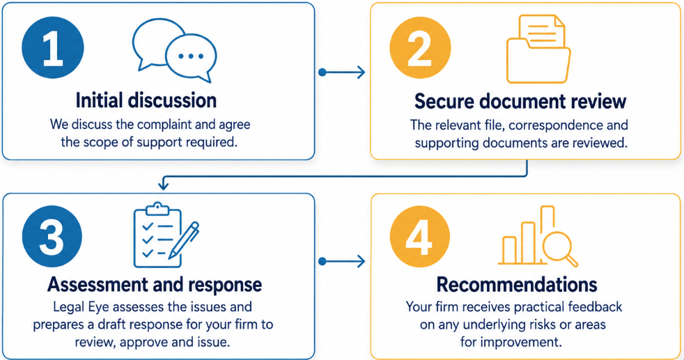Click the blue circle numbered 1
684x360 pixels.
tap(53, 48)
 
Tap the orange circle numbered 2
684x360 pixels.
tap(420, 48)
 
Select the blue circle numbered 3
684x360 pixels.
tap(52, 237)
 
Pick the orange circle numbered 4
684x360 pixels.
tap(419, 237)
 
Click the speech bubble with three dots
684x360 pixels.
tap(192, 58)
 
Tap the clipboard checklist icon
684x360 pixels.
tap(157, 235)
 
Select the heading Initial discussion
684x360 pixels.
tap(146, 100)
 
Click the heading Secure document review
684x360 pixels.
tap(520, 101)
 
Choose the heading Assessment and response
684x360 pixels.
tap(155, 285)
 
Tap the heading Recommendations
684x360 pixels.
tap(517, 285)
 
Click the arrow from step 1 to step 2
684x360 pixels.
tap(342, 72)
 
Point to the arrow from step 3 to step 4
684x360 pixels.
tap(342, 262)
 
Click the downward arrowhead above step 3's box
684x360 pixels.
tap(163, 186)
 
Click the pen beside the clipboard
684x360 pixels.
tap(184, 240)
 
